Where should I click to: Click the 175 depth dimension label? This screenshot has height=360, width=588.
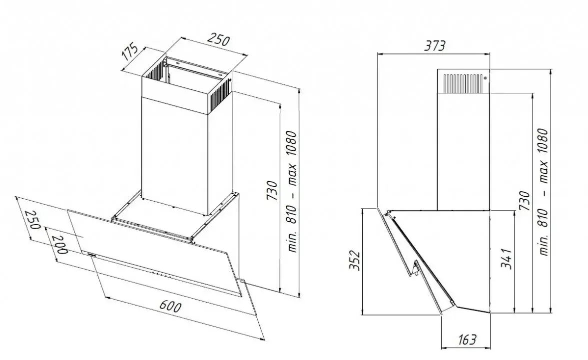130,53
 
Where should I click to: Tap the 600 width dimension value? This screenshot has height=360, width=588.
171,306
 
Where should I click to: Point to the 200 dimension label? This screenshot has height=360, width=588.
59,245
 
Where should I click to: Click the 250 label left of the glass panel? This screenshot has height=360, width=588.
32,220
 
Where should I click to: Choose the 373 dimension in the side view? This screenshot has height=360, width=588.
435,46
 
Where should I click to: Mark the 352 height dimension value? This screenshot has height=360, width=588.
355,260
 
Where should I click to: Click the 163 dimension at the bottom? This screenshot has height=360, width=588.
467,340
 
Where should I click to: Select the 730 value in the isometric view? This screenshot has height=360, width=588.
273,190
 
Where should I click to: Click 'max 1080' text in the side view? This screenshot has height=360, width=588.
543,156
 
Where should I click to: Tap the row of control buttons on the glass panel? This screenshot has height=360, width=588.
161,275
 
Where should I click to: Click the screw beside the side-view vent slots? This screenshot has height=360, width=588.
485,78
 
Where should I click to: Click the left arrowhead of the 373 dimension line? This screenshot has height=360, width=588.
380,54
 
